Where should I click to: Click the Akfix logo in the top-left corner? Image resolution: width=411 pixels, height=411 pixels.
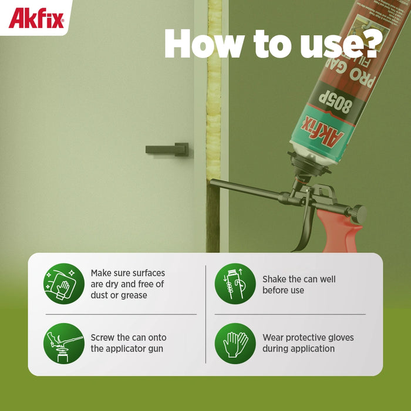coord(36,18)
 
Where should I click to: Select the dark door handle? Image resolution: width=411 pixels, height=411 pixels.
coord(167,149)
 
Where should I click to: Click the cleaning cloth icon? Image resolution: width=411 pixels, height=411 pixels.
coord(64,284)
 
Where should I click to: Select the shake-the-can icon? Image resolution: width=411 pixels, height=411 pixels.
coord(235,284)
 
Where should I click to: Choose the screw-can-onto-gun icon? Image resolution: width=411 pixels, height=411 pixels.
coord(64,343)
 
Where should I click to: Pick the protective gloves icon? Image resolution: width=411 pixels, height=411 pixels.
coord(235,343)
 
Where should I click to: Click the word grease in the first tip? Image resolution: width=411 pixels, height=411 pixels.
coord(134,295)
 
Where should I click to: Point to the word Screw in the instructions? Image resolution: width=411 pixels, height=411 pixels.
coord(103,338)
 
